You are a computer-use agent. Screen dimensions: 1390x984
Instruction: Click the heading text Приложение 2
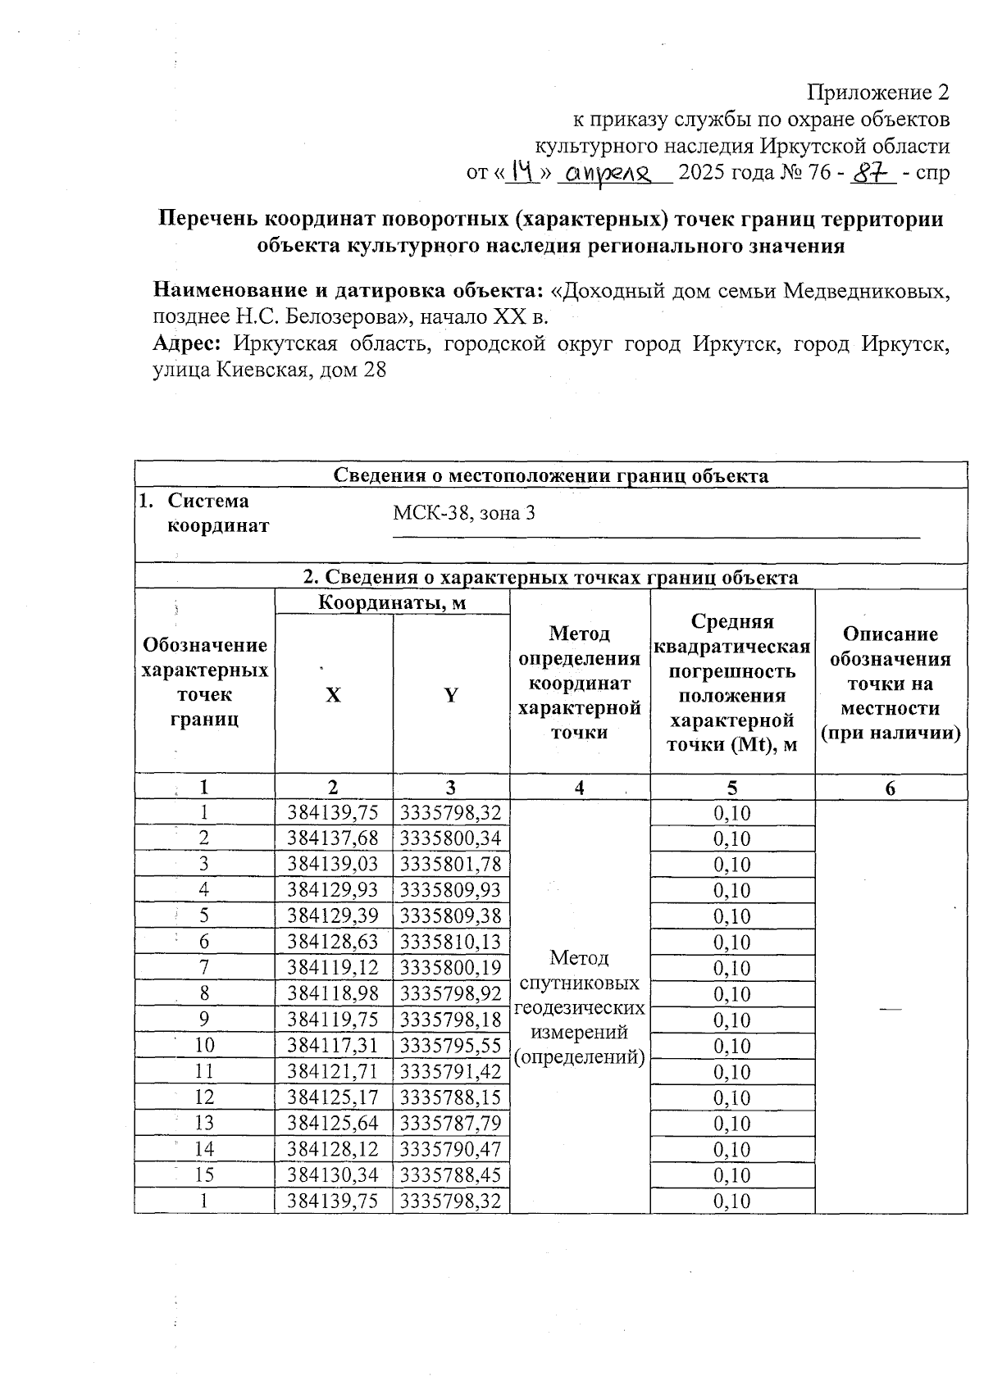879,92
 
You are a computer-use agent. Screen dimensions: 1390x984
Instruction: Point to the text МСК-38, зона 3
464,514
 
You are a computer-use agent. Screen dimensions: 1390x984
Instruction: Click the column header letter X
333,696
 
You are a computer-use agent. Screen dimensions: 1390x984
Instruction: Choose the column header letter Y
451,696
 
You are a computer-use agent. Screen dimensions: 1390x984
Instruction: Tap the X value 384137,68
333,838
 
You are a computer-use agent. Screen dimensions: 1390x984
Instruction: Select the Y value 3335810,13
451,942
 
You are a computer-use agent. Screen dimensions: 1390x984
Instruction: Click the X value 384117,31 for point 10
333,1046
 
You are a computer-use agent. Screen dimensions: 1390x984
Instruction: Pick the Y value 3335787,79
451,1124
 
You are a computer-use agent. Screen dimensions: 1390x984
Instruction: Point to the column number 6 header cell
891,788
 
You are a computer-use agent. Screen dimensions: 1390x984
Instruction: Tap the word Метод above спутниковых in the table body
579,957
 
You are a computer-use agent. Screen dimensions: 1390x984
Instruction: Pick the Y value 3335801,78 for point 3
451,865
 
